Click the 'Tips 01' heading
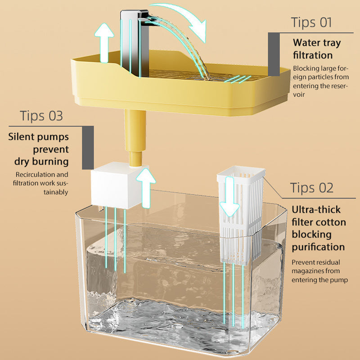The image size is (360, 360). coord(311,22)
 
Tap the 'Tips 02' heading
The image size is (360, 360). coord(312,188)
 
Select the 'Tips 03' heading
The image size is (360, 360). coord(41,116)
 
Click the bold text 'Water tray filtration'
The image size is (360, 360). coord(317,49)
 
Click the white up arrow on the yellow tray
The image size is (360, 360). coord(106,43)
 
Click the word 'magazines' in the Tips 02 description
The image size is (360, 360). coord(310,271)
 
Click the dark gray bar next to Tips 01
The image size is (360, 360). coord(274,54)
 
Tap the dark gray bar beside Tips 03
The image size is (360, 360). coord(88,147)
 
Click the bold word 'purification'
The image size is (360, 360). coord(318,247)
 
